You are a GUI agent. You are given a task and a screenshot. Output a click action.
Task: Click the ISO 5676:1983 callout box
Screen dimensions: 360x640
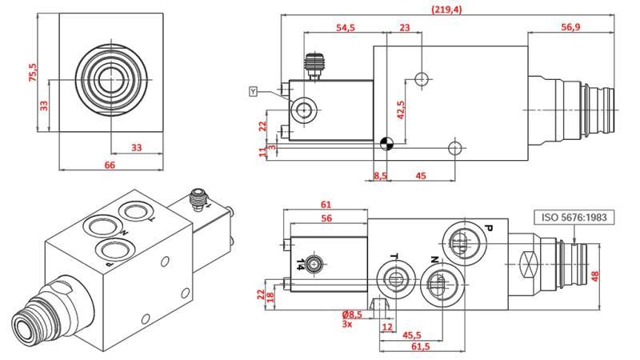pos(574,217)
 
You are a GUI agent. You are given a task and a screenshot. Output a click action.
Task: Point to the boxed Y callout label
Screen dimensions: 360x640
pos(254,92)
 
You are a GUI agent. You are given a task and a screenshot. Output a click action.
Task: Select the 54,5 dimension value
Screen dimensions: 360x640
pos(346,27)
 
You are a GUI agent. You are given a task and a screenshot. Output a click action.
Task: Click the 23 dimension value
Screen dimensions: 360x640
pos(405,27)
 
